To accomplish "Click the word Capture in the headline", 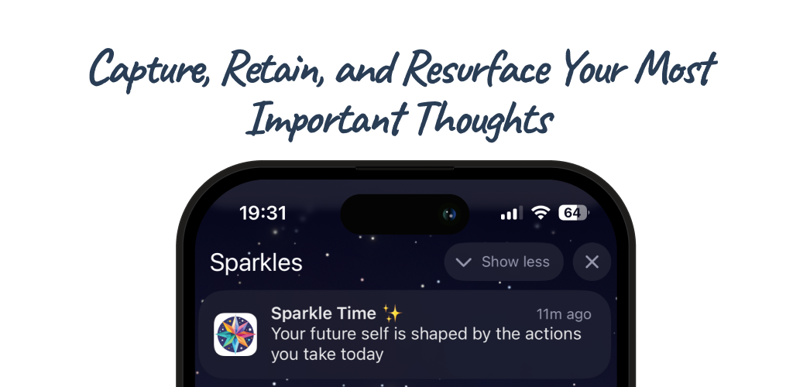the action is click(149, 69).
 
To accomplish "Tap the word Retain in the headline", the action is click(273, 68).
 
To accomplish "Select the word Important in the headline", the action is click(327, 118).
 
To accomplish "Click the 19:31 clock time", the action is click(263, 213).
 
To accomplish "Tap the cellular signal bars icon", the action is click(511, 213).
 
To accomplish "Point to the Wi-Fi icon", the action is click(541, 213).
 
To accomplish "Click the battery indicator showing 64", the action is click(574, 213).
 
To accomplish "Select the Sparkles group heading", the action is click(256, 262).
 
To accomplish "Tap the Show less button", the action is click(503, 262).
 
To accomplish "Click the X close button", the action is click(592, 262).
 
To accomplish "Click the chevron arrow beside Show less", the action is click(463, 262).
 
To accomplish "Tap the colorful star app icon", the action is click(235, 334).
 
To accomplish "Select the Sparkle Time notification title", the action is click(324, 313).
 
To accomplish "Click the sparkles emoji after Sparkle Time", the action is click(392, 313).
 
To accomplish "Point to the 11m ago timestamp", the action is click(564, 314).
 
